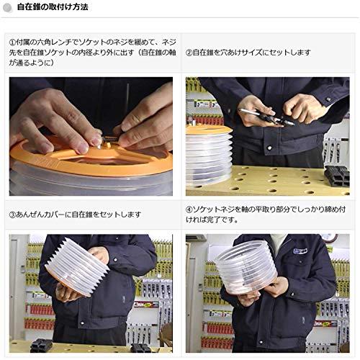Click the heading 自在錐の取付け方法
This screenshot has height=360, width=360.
53,8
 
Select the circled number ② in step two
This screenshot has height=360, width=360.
190,53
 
